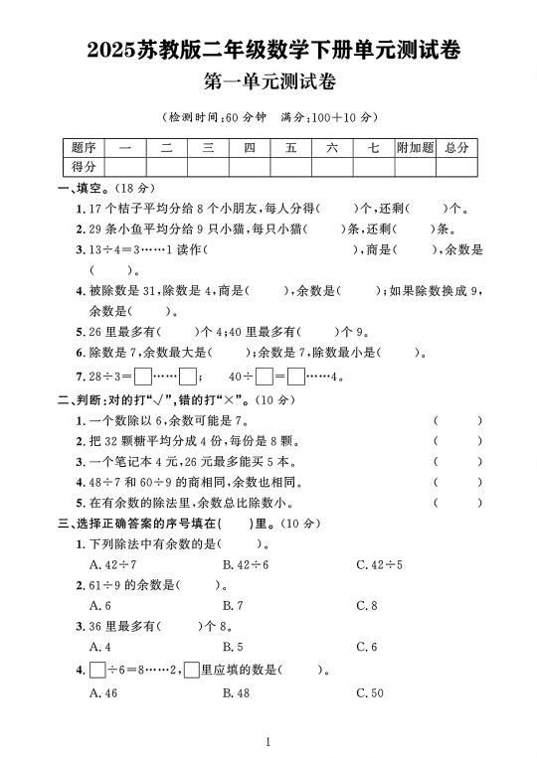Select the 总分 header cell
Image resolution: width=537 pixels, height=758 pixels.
[x=456, y=148]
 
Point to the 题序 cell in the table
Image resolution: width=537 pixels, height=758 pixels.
[x=84, y=148]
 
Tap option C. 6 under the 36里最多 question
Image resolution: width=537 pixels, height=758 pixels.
[x=367, y=648]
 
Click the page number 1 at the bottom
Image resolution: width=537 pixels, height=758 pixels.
[x=268, y=741]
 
